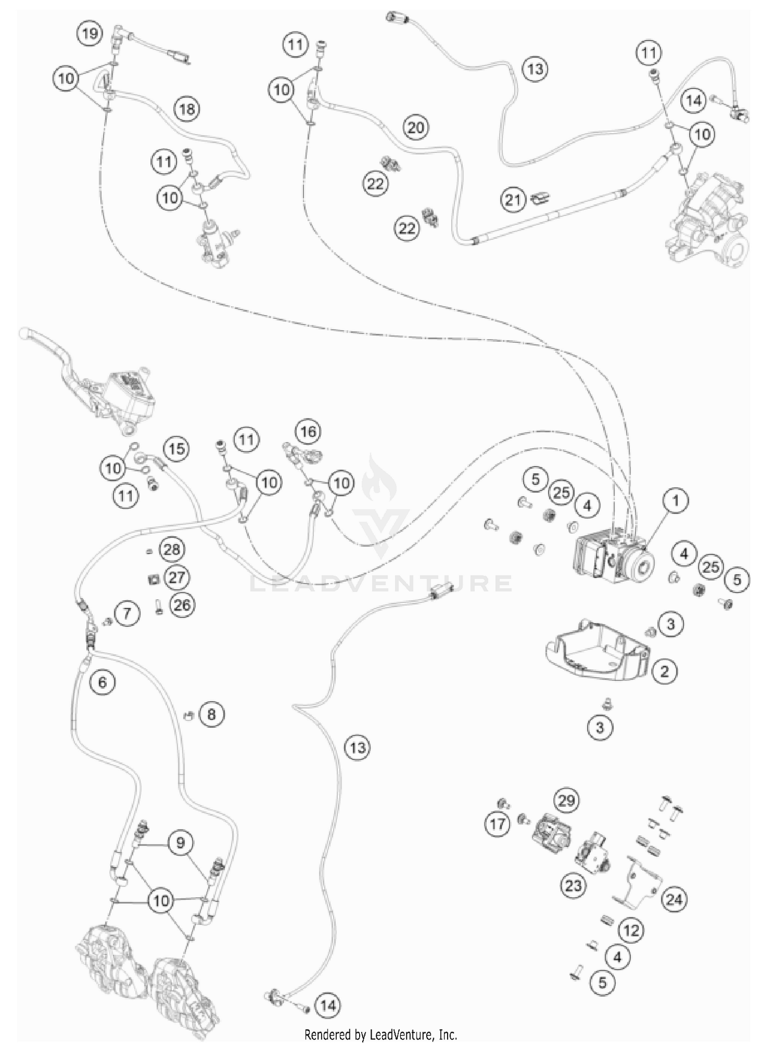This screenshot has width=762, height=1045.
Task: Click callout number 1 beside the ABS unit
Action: (x=676, y=501)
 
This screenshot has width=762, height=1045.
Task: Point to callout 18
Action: (x=187, y=109)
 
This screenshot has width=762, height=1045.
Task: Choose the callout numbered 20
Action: (x=416, y=127)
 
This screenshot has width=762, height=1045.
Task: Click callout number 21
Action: (x=513, y=200)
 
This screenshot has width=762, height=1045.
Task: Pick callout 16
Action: (x=308, y=432)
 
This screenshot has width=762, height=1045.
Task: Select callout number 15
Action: (x=176, y=449)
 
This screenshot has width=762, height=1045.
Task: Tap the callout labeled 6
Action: (x=103, y=682)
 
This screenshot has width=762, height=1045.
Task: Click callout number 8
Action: (x=211, y=714)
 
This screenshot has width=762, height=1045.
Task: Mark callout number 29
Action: (x=566, y=801)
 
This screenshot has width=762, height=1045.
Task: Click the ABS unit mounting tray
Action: (x=597, y=647)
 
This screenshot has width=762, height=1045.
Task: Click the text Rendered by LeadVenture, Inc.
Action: (x=381, y=1034)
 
